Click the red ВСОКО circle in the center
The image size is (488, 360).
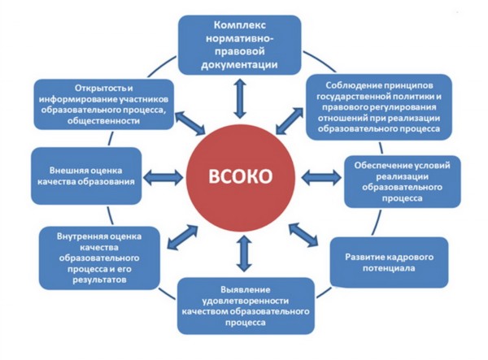coord(240,176)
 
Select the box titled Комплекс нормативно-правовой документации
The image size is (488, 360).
coord(240,45)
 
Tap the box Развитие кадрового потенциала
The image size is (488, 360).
coord(389,262)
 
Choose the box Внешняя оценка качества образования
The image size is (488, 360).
coord(86,176)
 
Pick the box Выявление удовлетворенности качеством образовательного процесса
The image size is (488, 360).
coord(246,306)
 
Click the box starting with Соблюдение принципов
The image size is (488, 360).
coord(379,107)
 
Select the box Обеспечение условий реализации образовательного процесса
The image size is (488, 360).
coord(402,181)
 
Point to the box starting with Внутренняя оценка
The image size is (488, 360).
coord(99,258)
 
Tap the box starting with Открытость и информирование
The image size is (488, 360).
coord(103,105)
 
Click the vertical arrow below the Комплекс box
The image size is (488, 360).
coord(240,98)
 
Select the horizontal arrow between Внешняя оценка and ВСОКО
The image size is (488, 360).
coord(163,177)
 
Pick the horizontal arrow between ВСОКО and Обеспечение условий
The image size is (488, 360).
coord(321,177)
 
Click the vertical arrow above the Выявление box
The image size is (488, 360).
coord(244,254)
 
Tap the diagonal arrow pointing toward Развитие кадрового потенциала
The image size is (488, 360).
coord(303,235)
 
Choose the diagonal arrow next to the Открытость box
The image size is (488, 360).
coord(190,123)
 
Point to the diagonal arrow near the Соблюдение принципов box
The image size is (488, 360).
coord(290,121)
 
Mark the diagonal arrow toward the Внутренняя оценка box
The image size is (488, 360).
coord(183,237)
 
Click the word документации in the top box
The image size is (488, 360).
coord(239,65)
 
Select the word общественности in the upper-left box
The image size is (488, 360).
coord(103,120)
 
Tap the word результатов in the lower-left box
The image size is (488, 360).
coord(99,280)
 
